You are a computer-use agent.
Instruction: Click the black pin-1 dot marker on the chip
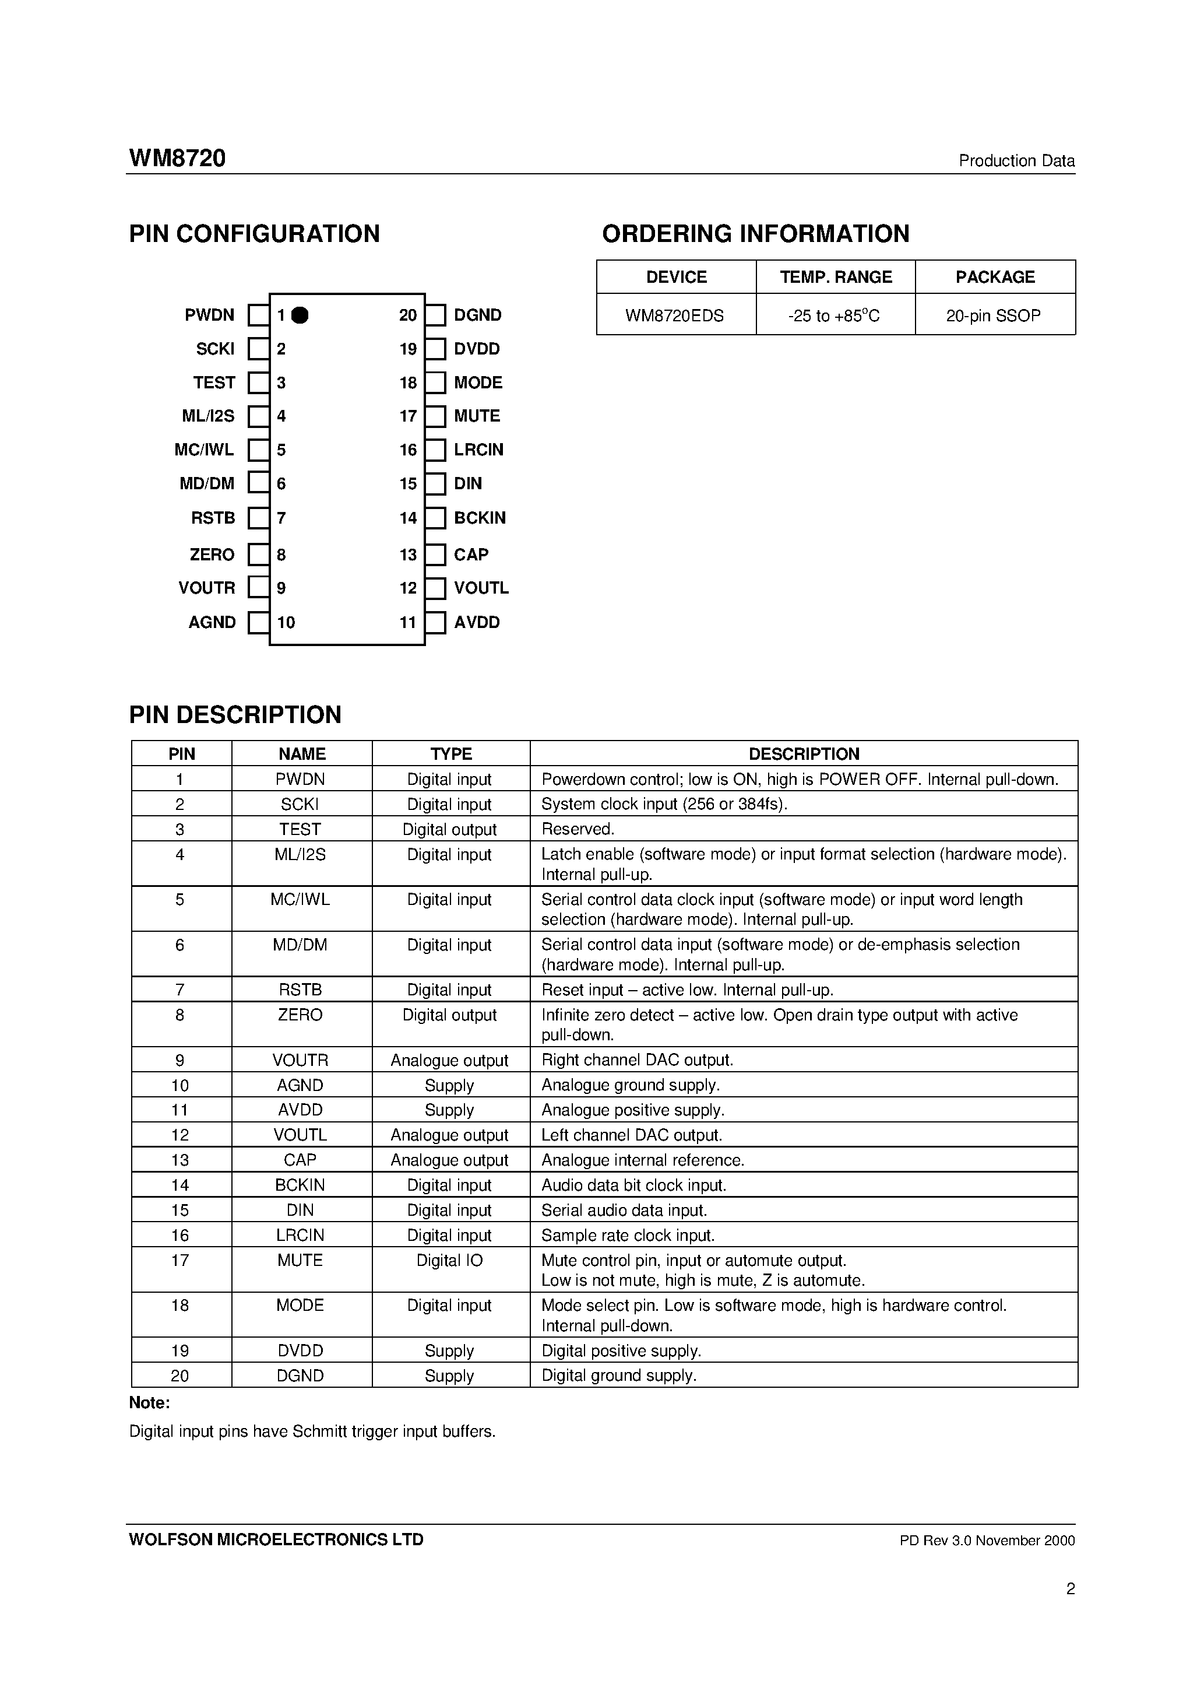(x=300, y=315)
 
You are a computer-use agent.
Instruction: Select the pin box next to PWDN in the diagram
(x=258, y=315)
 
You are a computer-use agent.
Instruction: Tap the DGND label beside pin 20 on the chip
(x=477, y=315)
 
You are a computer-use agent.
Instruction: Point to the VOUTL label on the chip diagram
(x=481, y=588)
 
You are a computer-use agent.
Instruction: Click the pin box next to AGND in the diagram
(x=258, y=622)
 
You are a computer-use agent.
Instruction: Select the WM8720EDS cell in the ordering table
(x=675, y=315)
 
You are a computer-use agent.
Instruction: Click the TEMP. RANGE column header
(x=835, y=277)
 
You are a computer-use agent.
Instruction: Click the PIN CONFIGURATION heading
(x=254, y=234)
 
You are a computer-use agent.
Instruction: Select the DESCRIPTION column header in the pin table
(x=803, y=754)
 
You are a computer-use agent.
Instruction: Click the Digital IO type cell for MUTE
(x=449, y=1260)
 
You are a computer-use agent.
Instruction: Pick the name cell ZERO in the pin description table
(x=300, y=1015)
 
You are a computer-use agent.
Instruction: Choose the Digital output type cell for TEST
(x=449, y=830)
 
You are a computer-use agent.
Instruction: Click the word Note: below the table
(x=149, y=1403)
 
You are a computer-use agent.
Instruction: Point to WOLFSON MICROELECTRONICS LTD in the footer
(x=276, y=1539)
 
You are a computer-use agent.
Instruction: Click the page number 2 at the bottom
(x=1069, y=1589)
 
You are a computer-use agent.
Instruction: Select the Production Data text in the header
(x=1016, y=161)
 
